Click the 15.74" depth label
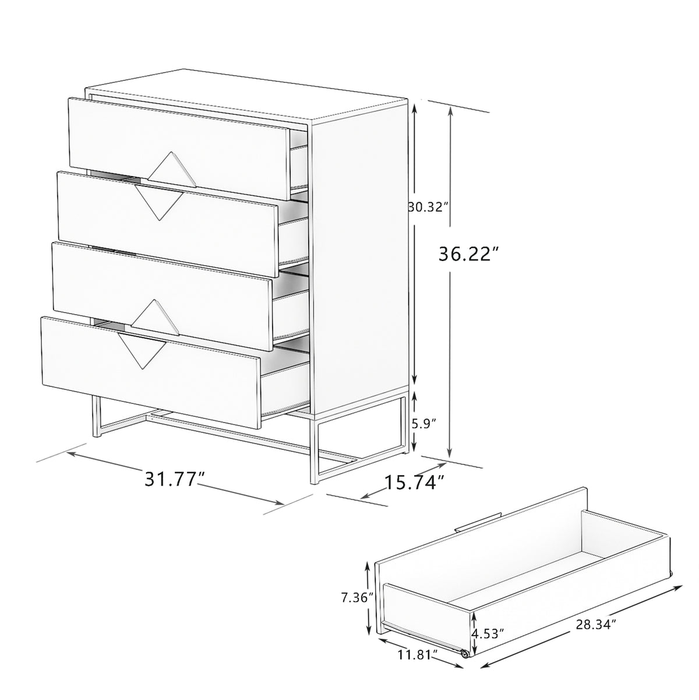(x=415, y=482)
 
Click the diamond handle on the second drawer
(x=158, y=202)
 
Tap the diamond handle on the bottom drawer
(x=142, y=350)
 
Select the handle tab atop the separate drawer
(x=477, y=522)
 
